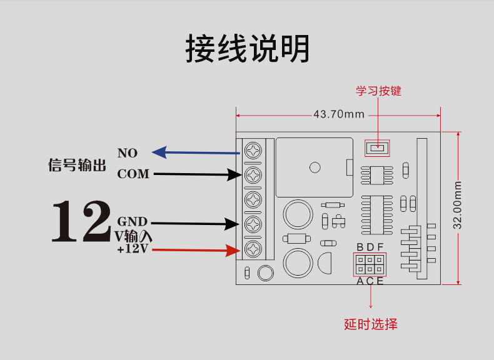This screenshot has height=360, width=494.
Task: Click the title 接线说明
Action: pyautogui.click(x=248, y=48)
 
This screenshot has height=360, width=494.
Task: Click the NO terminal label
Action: pyautogui.click(x=127, y=153)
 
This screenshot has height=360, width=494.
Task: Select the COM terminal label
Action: pyautogui.click(x=133, y=174)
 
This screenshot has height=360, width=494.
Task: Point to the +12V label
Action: pyautogui.click(x=132, y=249)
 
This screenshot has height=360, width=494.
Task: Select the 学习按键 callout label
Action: pyautogui.click(x=378, y=91)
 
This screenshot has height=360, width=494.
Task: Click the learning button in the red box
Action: pyautogui.click(x=376, y=148)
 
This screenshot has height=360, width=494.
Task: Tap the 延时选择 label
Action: pyautogui.click(x=371, y=324)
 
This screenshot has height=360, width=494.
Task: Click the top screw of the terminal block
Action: pyautogui.click(x=253, y=151)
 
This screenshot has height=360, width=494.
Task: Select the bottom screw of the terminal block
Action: pyautogui.click(x=253, y=249)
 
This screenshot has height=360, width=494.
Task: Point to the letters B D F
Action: pyautogui.click(x=370, y=247)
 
